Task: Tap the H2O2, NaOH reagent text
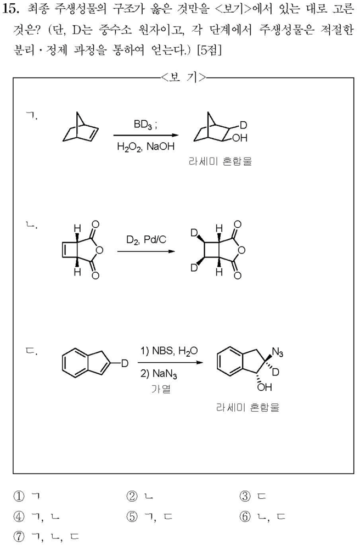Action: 145,147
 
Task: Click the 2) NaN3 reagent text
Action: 159,375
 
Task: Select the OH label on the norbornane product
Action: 239,138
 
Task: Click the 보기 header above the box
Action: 183,77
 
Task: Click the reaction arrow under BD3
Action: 145,135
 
